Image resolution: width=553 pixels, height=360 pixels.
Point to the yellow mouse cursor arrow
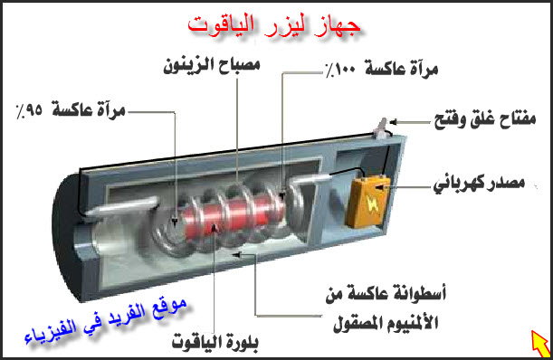(539, 342)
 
